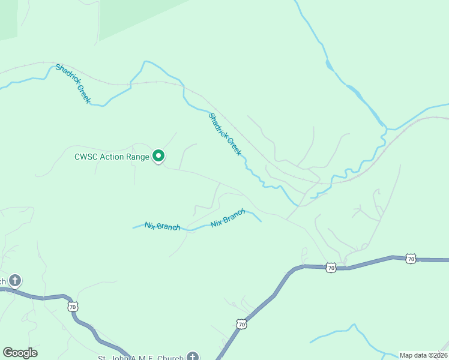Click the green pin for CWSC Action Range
point(158,156)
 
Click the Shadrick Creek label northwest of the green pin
point(73,84)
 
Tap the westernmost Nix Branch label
point(162,227)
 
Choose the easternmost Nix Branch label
point(228,218)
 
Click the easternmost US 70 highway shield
point(411,259)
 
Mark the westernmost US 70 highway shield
point(73,307)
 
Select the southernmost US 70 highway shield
point(241,324)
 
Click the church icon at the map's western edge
point(14,280)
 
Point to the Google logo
point(20,353)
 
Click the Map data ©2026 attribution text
point(424,355)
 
